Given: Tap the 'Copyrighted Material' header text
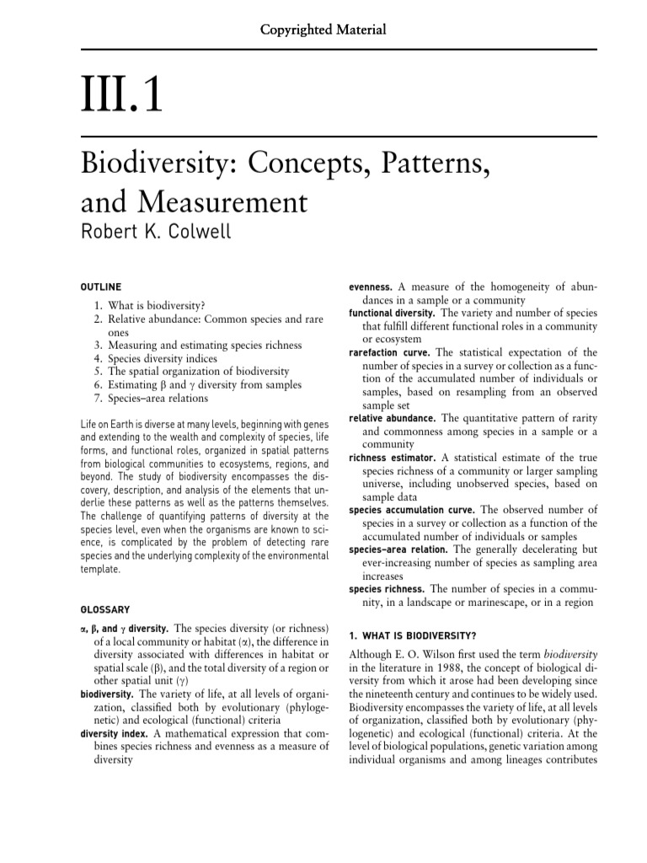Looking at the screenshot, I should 323,29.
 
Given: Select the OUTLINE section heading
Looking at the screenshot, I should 100,287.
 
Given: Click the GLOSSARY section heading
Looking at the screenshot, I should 104,608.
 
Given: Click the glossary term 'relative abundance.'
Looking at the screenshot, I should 392,418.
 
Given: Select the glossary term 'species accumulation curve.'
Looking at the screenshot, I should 412,510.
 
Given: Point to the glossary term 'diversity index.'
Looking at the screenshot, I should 115,733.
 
